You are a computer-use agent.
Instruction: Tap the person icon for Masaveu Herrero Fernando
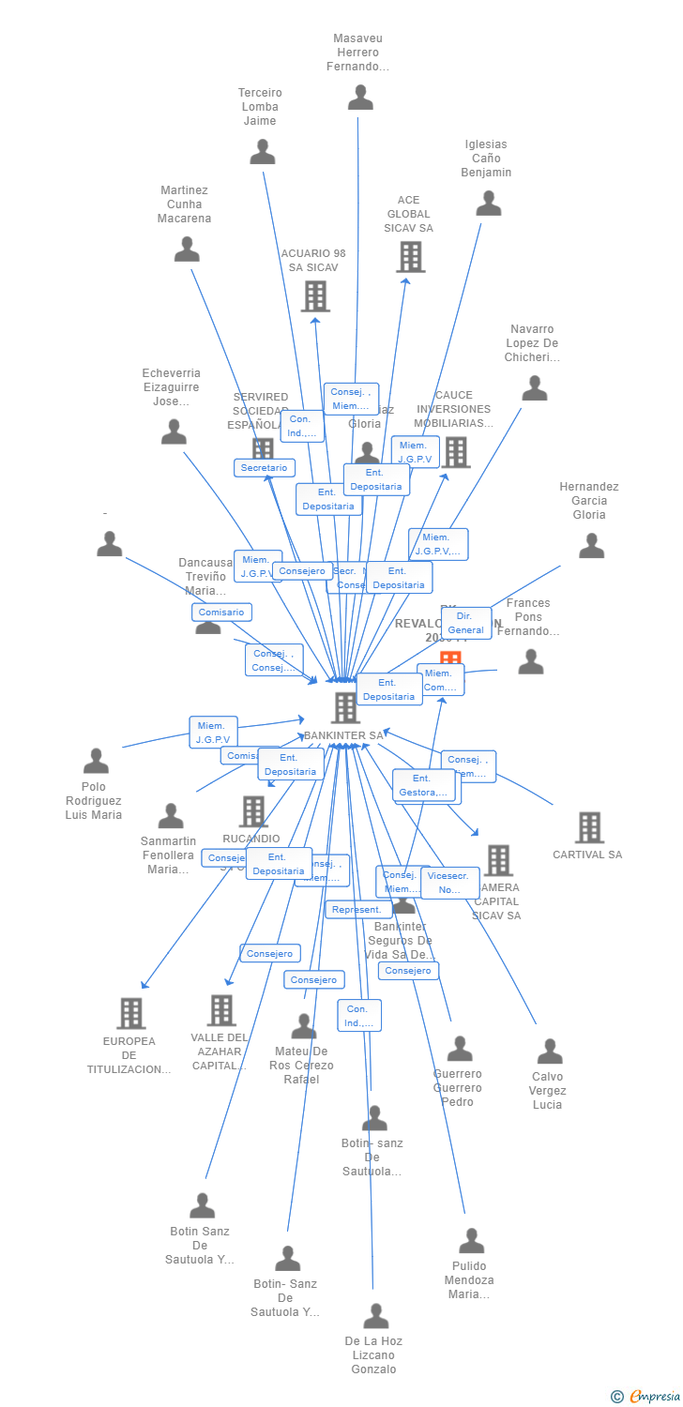click(x=360, y=98)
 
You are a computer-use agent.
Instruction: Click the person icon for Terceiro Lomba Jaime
click(x=263, y=152)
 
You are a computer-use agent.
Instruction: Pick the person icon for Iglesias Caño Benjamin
click(x=489, y=204)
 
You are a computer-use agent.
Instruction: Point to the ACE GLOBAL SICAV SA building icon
click(x=410, y=257)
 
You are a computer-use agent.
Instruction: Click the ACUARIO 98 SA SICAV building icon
click(x=315, y=296)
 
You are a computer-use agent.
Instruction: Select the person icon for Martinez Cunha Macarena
click(x=187, y=250)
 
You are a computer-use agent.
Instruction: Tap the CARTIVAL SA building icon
click(x=589, y=827)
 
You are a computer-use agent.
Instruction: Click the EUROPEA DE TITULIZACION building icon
click(x=130, y=1013)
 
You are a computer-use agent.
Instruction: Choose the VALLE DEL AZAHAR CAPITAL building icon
click(x=221, y=1010)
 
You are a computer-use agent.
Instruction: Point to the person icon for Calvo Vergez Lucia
click(x=550, y=1051)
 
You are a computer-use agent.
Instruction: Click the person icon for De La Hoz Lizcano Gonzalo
click(x=375, y=1316)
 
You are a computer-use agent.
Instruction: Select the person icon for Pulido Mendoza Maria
click(x=471, y=1241)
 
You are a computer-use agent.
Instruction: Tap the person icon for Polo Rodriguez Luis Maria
click(x=96, y=761)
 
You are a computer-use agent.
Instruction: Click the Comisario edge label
click(x=222, y=613)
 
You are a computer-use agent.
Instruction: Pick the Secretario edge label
click(x=265, y=467)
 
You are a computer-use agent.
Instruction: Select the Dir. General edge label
click(x=465, y=623)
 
